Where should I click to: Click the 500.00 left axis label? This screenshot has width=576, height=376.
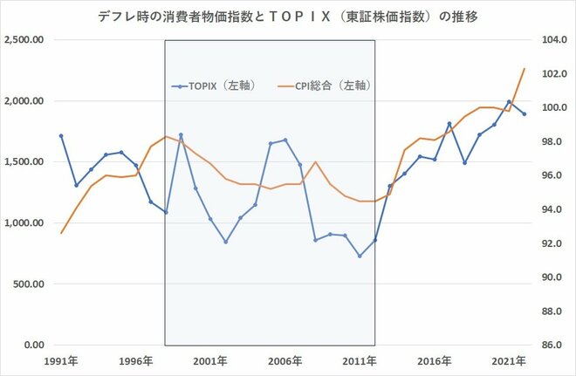(29, 284)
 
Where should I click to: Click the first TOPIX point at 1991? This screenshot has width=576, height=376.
(60, 136)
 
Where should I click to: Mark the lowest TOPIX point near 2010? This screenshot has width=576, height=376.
(360, 256)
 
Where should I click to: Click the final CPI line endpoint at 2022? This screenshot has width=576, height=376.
(525, 68)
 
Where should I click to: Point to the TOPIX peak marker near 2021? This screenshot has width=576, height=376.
(509, 102)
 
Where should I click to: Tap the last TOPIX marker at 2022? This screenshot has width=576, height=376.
(525, 114)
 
